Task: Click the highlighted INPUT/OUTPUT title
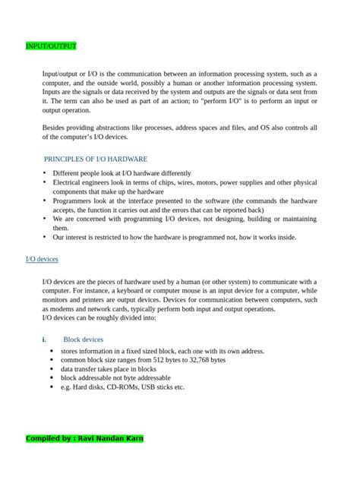[51, 46]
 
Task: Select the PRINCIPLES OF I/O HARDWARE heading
[96, 159]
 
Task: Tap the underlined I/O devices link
[42, 260]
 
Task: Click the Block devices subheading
[84, 339]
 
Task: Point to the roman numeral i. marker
[44, 339]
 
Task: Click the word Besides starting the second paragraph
[55, 128]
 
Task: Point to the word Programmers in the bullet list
[74, 201]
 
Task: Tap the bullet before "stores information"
[51, 352]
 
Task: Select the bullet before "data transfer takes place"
[51, 369]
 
